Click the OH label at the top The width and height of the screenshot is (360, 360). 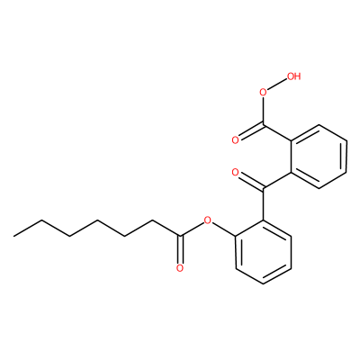tap(293, 76)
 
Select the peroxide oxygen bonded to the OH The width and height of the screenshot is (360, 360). tap(263, 92)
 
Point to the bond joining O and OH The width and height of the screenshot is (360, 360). tap(277, 85)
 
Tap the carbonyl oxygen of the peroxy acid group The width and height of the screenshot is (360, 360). tap(235, 139)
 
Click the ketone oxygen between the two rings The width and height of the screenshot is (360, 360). tap(235, 173)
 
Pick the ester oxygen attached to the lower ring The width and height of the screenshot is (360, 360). tap(207, 221)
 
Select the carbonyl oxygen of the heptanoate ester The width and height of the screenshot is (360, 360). tap(179, 268)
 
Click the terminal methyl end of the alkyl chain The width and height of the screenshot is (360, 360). tap(13, 237)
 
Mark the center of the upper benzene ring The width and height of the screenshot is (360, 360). tap(319, 157)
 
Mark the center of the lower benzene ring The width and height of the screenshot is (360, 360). tap(263, 251)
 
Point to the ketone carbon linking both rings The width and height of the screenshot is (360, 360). tap(263, 189)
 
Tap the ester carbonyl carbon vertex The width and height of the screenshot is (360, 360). tap(179, 236)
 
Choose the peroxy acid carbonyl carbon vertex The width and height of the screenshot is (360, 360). tap(263, 124)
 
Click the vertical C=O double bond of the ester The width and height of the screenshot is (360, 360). tap(179, 250)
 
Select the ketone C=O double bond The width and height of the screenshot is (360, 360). tap(250, 181)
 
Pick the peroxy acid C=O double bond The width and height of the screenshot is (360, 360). tap(250, 132)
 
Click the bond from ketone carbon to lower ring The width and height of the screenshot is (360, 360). tap(263, 204)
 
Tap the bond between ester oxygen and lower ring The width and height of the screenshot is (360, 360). tap(223, 229)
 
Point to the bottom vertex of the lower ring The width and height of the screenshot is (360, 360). tap(263, 283)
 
